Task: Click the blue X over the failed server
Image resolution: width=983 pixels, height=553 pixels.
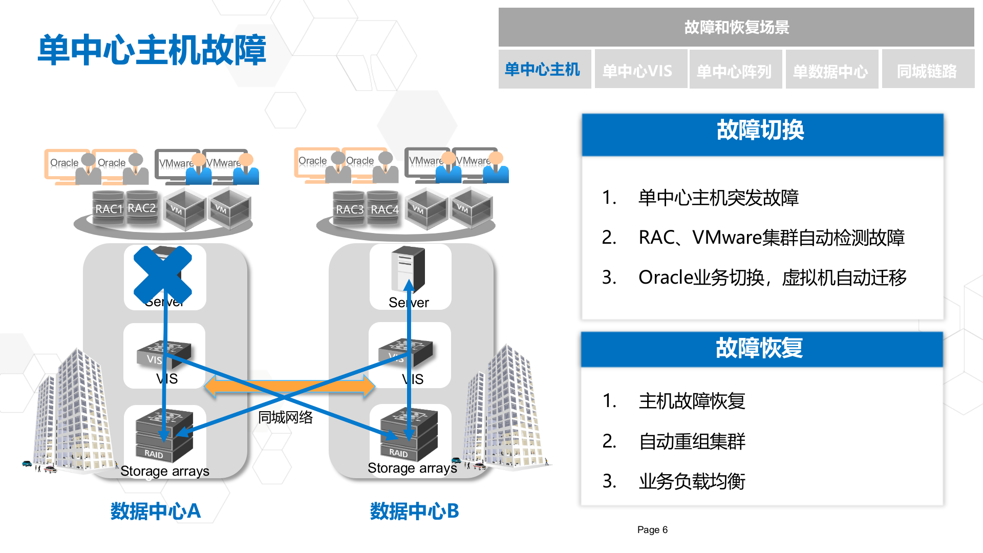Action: click(163, 275)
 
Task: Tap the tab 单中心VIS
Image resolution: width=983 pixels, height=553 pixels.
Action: click(638, 71)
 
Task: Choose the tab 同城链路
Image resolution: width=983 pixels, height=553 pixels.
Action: click(927, 71)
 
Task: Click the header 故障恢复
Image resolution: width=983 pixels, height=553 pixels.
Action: click(760, 349)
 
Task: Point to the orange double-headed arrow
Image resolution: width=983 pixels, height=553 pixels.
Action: click(290, 387)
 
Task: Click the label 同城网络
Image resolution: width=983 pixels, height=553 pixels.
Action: click(285, 417)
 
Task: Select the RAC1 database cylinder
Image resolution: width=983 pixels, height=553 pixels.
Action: click(108, 208)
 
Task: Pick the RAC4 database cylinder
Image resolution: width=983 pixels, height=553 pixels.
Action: click(383, 209)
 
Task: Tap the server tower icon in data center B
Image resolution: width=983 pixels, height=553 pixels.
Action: click(408, 269)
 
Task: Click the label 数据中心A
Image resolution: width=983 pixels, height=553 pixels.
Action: click(155, 511)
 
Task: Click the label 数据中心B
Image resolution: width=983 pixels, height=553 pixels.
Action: click(414, 511)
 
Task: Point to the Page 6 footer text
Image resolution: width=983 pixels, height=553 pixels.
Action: click(652, 530)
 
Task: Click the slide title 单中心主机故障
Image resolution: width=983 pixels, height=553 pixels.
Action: click(152, 50)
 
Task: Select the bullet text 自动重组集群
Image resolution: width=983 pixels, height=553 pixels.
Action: click(692, 441)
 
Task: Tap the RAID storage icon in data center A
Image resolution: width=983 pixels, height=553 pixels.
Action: click(163, 436)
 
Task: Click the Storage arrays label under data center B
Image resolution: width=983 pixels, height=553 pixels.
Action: click(412, 468)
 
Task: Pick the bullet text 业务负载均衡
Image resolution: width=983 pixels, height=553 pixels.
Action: click(692, 481)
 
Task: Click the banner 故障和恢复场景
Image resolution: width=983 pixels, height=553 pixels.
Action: click(736, 28)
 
